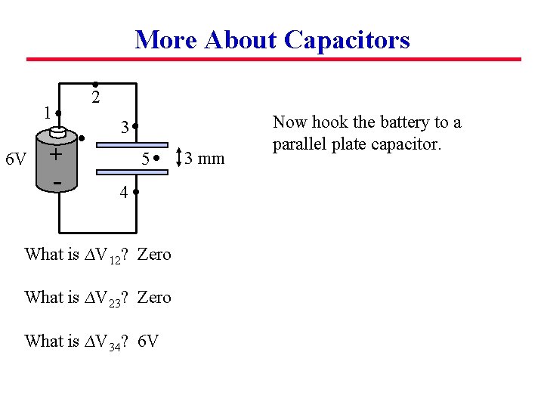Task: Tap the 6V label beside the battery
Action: click(16, 159)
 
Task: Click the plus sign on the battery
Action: click(55, 154)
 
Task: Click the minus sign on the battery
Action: click(57, 182)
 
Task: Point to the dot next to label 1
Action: click(58, 114)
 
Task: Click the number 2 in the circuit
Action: click(95, 97)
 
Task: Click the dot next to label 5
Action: click(155, 159)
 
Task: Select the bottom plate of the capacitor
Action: click(134, 174)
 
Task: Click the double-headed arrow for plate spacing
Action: click(178, 158)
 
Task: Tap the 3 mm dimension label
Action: click(205, 159)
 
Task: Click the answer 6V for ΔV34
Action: click(149, 341)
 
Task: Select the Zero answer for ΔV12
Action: click(155, 255)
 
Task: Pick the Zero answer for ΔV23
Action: click(155, 298)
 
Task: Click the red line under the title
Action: click(274, 59)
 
